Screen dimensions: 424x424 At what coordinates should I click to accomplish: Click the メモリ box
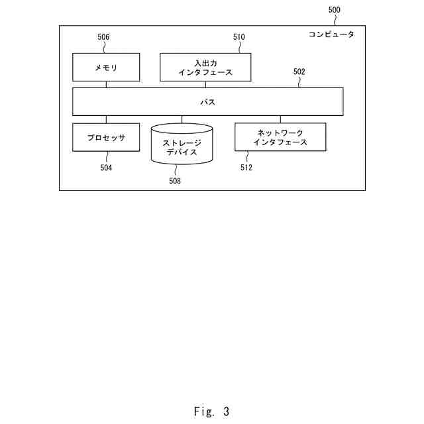coord(106,67)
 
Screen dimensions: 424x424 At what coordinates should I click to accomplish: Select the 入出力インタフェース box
coord(205,67)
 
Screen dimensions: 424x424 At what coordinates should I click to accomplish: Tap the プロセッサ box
coord(106,138)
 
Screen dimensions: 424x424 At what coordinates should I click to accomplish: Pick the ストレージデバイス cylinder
coord(182,143)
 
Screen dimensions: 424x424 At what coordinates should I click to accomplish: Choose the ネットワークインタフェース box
coord(280,137)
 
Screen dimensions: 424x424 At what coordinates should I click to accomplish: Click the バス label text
coord(207,102)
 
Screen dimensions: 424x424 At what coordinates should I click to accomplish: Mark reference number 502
coord(299,71)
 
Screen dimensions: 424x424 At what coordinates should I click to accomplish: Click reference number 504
coord(106,168)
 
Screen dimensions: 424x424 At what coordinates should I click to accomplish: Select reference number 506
coord(103,37)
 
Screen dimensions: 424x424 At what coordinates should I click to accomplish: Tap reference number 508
coord(174,180)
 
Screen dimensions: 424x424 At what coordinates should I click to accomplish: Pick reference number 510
coord(238,37)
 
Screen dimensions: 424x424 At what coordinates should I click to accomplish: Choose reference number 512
coord(246,168)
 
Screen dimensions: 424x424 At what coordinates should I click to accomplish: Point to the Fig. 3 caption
coord(211,411)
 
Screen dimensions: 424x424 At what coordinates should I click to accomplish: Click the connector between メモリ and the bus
coord(106,84)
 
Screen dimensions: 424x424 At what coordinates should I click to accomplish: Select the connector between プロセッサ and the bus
coord(106,119)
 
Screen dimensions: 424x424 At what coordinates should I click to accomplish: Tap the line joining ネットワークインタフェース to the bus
coord(280,119)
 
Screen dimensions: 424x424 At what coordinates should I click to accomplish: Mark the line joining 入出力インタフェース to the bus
coord(205,84)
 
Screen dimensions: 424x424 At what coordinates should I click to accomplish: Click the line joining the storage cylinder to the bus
coord(182,120)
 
